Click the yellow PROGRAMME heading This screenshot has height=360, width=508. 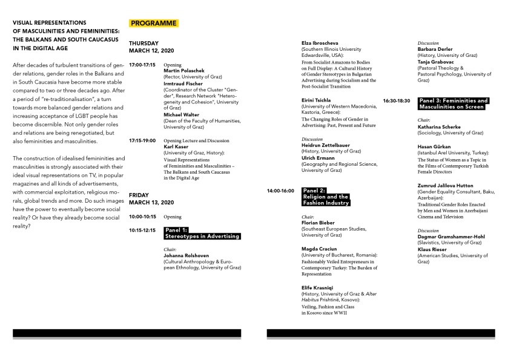pos(153,23)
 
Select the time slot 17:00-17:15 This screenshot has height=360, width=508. pos(142,64)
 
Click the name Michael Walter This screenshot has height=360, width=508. pos(181,114)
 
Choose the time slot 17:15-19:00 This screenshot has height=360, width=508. pos(142,140)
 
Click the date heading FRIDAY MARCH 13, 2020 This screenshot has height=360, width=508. pos(151,198)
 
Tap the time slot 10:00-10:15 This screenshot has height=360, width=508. pos(142,216)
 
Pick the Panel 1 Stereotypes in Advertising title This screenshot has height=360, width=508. pos(202,233)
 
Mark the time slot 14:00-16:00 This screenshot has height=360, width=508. pos(280,191)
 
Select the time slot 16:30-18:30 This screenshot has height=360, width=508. pos(397,100)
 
